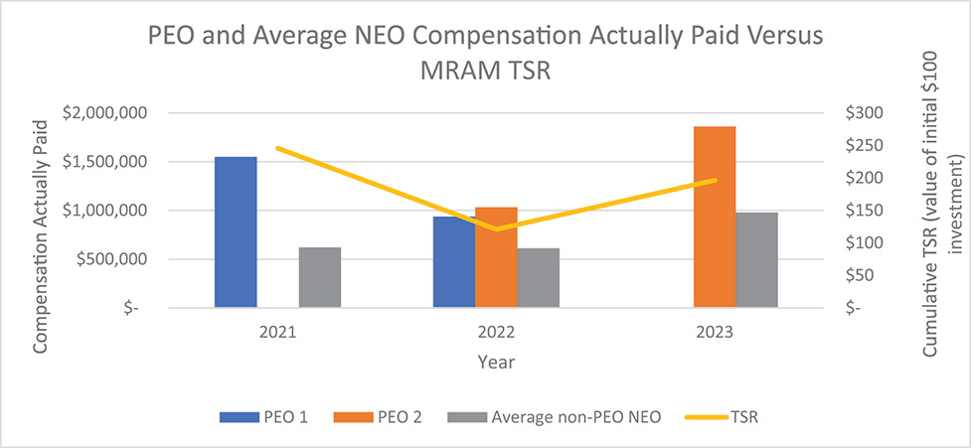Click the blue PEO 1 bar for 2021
pyautogui.click(x=236, y=232)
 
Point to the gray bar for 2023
pyautogui.click(x=757, y=259)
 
